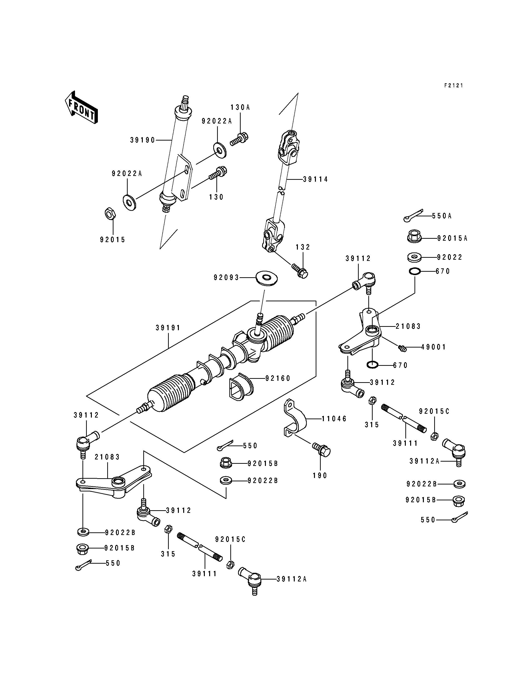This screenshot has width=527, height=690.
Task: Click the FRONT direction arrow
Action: point(81,107)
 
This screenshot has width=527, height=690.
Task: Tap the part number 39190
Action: point(143,140)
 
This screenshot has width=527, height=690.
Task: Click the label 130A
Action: point(240,107)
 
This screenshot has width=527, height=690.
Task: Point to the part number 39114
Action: point(316,179)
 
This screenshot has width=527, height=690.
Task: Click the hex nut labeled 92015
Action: point(110,214)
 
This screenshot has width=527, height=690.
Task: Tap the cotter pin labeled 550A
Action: point(414,215)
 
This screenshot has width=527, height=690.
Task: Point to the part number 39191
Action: point(168,328)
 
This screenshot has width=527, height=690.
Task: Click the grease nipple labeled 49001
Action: point(402,348)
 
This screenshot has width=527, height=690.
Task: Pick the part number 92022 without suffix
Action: point(450,257)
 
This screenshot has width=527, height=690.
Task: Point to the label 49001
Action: point(433,347)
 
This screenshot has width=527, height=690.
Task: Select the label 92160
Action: point(278,378)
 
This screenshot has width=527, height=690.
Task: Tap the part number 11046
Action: point(334,419)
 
